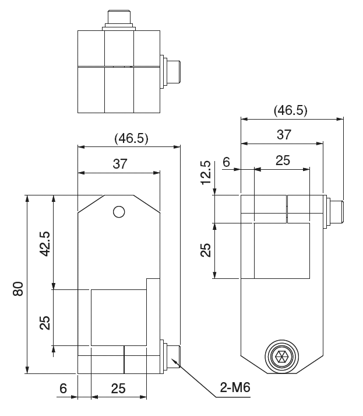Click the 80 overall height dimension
tap(19, 289)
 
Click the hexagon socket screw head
tap(281, 356)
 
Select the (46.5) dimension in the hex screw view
tap(290, 110)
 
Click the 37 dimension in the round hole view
tap(119, 164)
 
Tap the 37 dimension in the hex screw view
tap(283, 134)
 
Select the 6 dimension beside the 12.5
tap(226, 162)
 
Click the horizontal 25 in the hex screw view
tap(283, 162)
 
